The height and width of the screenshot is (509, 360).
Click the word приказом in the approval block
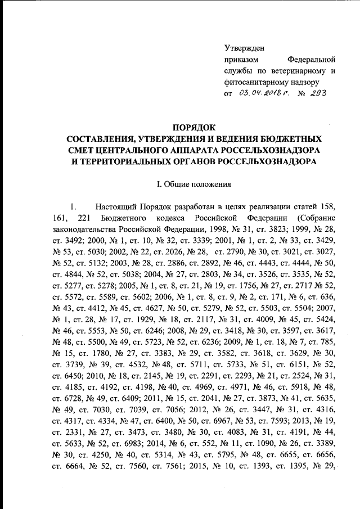click(x=241, y=59)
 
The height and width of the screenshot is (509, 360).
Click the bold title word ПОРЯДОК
click(x=194, y=128)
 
